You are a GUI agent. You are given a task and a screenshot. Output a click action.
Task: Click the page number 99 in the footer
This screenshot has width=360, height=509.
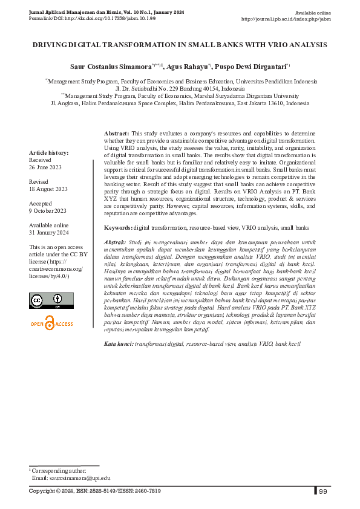tap(323, 491)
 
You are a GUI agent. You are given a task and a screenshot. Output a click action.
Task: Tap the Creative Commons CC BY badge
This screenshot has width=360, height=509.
tap(51, 300)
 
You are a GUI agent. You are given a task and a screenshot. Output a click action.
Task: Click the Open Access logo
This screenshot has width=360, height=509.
tap(51, 324)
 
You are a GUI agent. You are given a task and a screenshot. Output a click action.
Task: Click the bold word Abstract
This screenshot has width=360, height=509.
tap(116, 132)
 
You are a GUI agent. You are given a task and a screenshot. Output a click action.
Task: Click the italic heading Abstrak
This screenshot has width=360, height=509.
tap(115, 242)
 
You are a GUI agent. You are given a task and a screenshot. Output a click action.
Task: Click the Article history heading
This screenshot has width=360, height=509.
tap(49, 153)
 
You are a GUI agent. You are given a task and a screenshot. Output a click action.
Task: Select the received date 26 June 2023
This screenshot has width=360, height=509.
tap(46, 167)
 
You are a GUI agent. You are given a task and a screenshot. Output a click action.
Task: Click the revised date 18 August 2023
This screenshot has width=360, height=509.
tap(48, 189)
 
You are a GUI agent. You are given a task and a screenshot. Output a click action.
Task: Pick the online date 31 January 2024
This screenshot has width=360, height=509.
tap(49, 233)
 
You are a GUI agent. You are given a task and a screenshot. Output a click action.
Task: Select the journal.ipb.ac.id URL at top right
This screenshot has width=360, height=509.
tap(286, 19)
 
